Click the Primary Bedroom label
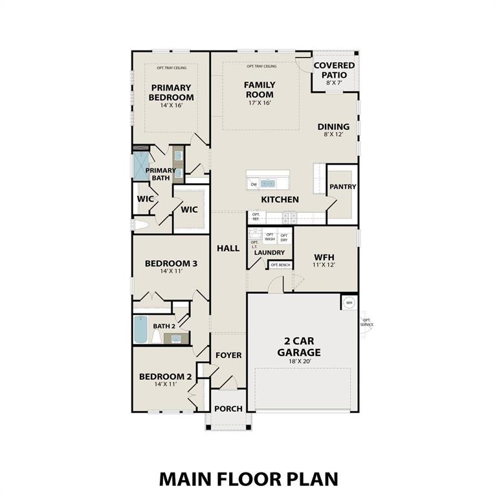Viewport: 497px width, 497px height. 171,93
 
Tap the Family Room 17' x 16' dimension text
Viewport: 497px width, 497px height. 260,103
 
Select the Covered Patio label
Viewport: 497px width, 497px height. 334,70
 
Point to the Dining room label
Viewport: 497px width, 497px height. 333,127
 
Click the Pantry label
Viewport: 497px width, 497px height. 342,186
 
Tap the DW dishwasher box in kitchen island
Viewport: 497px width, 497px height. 254,184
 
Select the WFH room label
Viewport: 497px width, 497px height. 324,256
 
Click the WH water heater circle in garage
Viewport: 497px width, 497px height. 349,302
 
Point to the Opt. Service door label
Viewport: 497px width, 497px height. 367,322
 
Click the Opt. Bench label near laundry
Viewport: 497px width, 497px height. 280,265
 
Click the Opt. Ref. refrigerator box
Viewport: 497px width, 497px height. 256,217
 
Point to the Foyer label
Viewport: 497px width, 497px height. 228,355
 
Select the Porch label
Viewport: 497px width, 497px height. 228,408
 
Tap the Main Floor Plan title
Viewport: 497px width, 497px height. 248,478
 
